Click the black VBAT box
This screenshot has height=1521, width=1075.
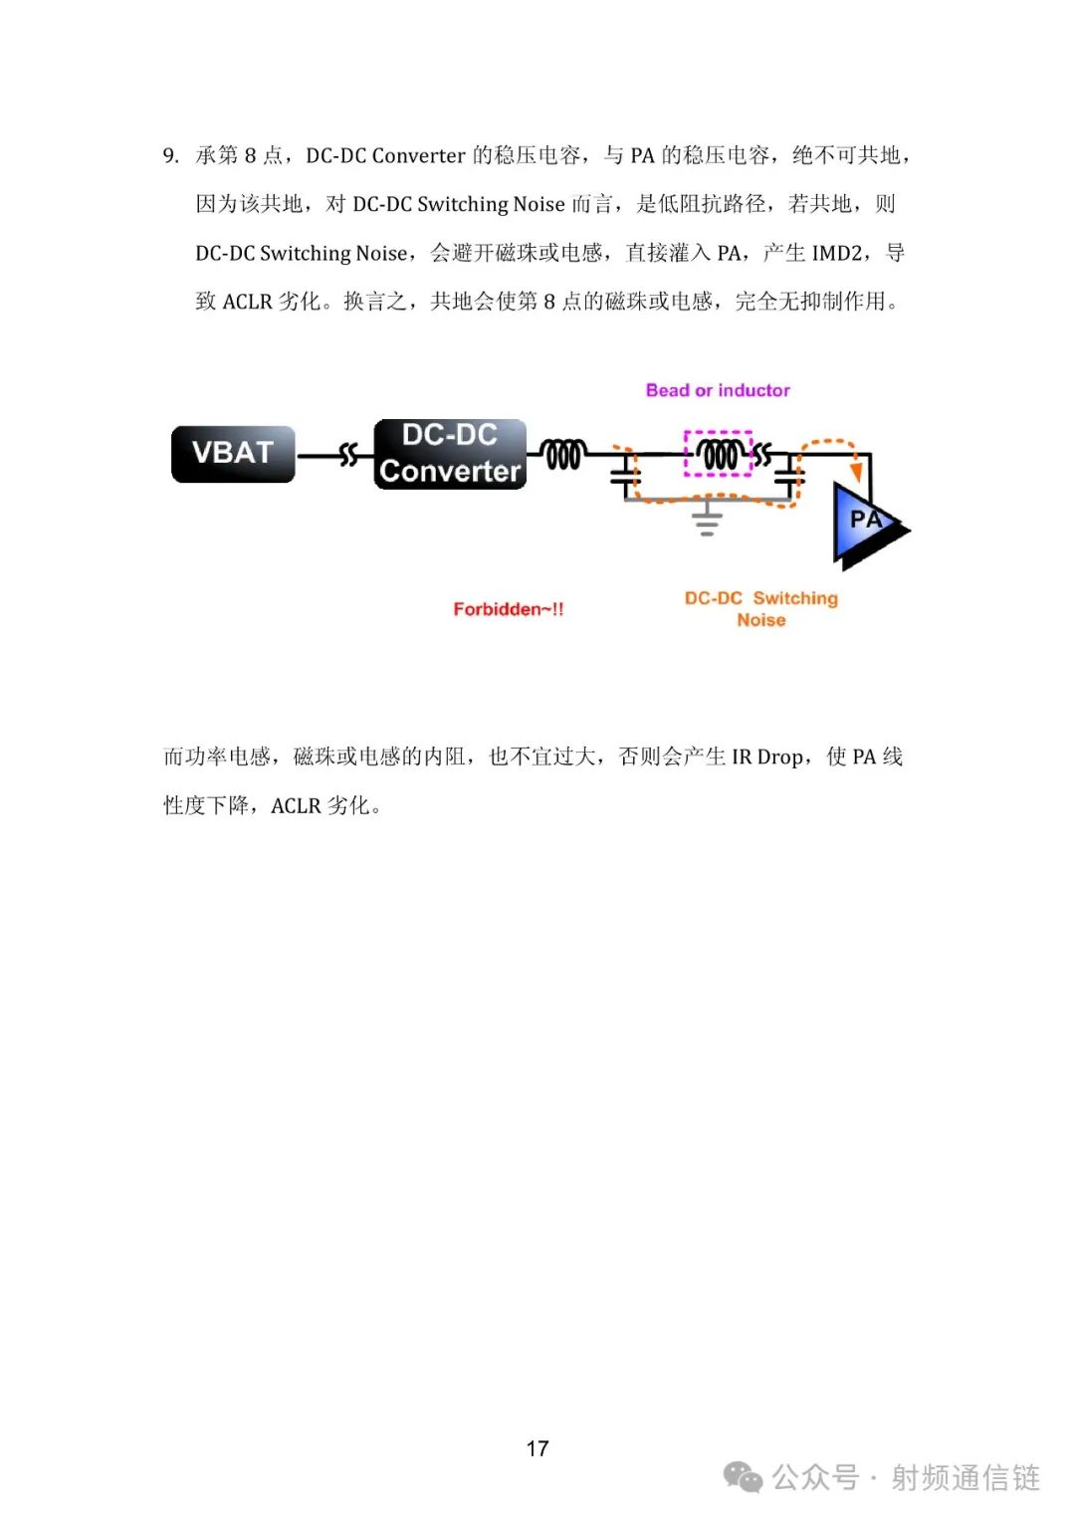233,454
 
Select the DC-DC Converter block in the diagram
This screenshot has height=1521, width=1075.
450,454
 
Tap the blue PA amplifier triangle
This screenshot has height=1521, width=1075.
869,525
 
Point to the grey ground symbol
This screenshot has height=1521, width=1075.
707,519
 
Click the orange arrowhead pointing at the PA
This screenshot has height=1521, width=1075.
856,471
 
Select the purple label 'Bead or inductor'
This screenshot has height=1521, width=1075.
718,390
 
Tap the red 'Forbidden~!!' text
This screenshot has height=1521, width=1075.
508,609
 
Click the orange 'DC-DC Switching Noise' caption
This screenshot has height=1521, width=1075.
761,608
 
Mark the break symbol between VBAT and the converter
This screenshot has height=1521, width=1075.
348,454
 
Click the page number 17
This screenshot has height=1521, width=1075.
537,1448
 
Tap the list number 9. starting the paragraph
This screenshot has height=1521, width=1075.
170,156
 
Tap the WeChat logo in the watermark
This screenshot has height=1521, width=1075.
743,1476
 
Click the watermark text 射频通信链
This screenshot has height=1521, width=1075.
966,1477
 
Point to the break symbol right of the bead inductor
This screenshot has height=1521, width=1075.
761,454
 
